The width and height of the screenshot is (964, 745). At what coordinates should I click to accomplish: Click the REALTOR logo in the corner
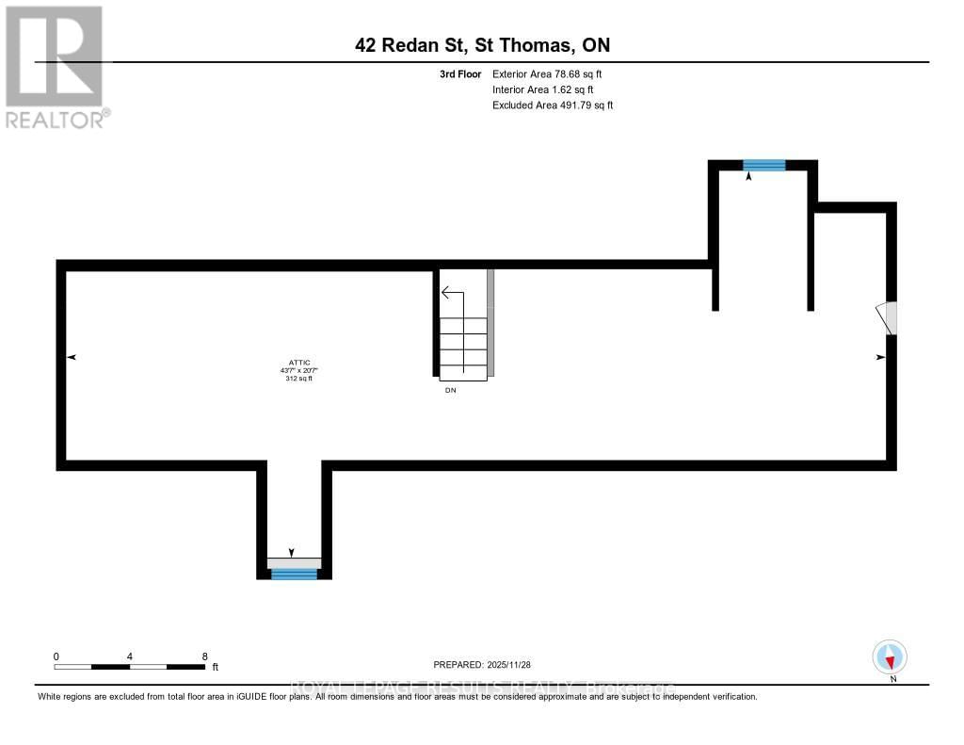(55, 66)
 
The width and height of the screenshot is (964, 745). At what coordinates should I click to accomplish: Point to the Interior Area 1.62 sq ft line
(543, 89)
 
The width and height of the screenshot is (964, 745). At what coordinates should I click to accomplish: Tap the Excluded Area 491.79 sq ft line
(553, 105)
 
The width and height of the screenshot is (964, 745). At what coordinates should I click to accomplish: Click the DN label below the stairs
(450, 390)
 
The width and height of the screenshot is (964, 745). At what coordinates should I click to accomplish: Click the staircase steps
(463, 348)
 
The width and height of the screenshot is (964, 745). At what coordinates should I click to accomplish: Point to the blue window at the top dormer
(763, 165)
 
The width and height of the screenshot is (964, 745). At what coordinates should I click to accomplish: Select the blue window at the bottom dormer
(294, 574)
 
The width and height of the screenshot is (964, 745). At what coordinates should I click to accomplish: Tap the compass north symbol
(890, 657)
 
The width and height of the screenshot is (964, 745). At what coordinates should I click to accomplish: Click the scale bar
(130, 667)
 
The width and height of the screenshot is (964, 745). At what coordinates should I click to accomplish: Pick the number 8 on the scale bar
(204, 656)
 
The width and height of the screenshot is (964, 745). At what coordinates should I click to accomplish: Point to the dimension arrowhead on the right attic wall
(881, 358)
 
